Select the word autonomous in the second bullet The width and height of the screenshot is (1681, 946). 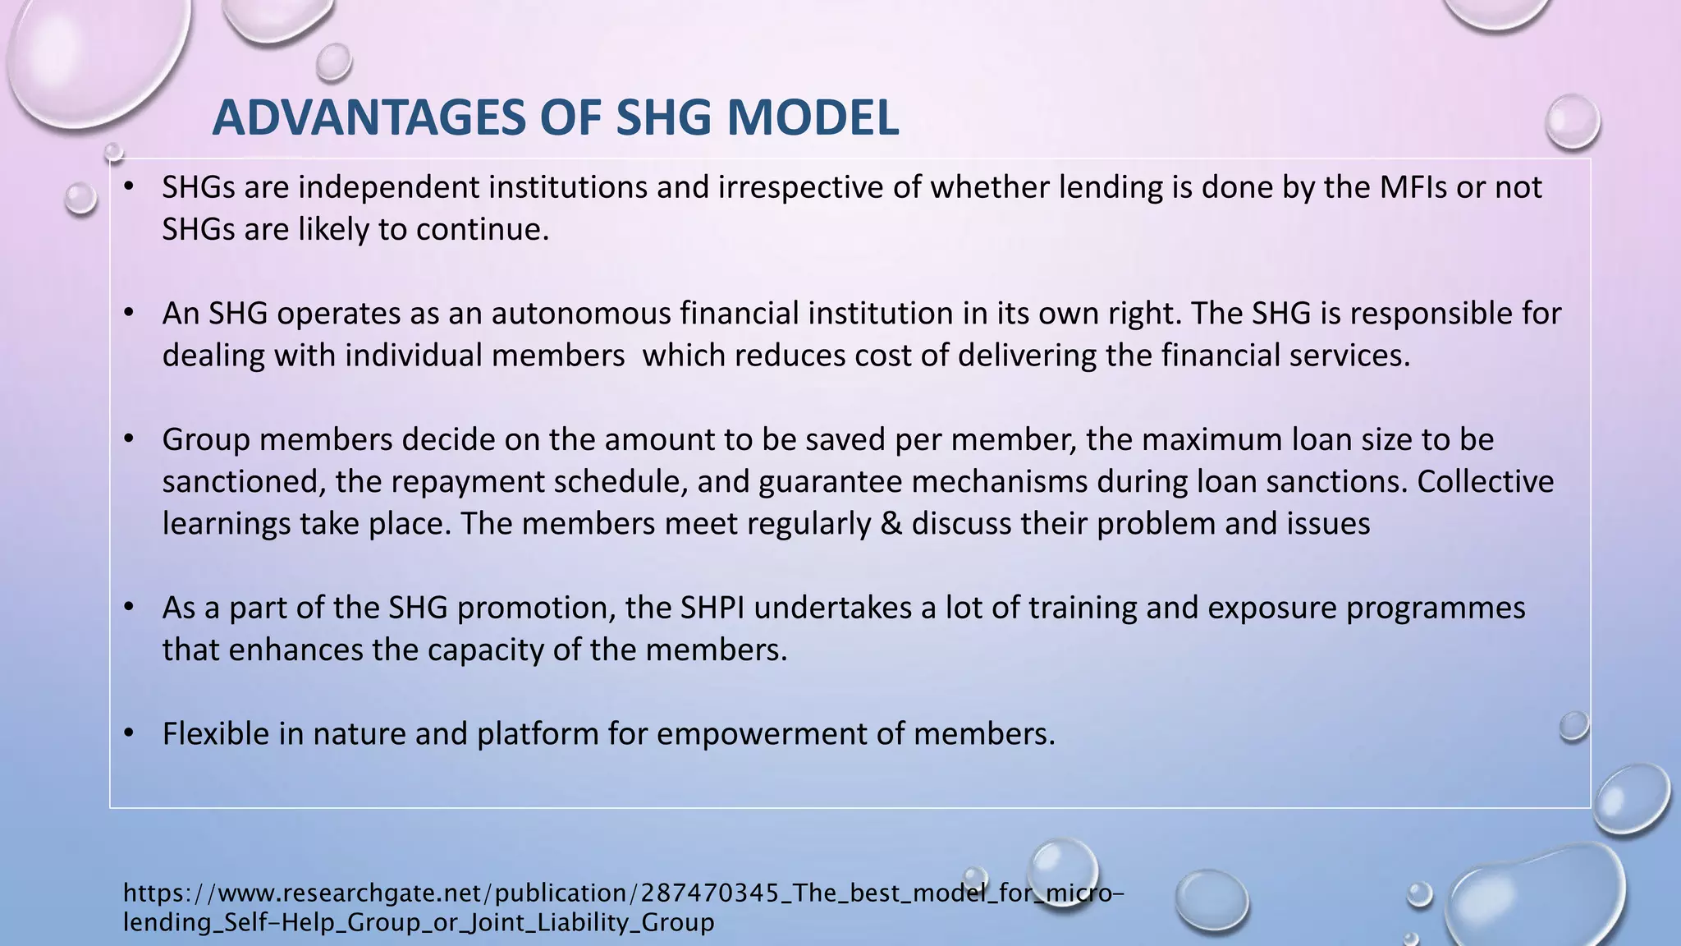coord(580,314)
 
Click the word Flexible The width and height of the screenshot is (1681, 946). coord(216,733)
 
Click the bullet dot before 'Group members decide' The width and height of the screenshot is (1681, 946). coord(128,439)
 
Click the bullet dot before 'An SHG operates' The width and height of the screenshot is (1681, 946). coord(128,313)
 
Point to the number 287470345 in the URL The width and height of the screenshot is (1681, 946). coord(709,893)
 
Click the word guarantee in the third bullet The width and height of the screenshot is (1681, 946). coord(830,481)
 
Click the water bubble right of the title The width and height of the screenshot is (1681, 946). coord(1572,122)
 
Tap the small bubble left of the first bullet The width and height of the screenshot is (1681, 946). coord(80,198)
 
